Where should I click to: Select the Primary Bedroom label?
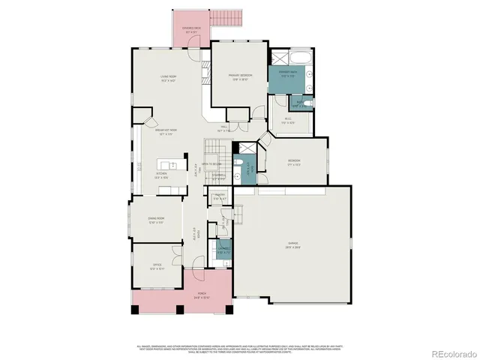(240, 77)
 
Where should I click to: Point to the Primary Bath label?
(288, 74)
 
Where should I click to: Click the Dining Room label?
(155, 219)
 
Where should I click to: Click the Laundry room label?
(223, 250)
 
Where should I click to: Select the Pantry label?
(220, 198)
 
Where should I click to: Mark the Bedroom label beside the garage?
(294, 163)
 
